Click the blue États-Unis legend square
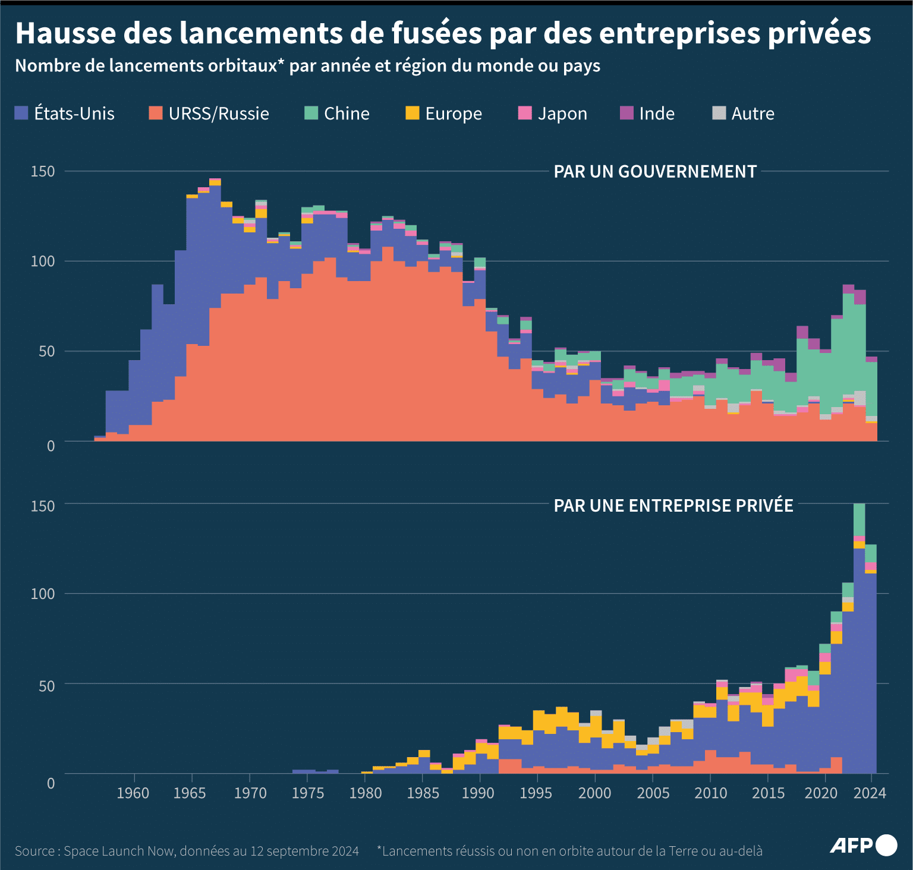tap(21, 113)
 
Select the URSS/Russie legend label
tap(219, 114)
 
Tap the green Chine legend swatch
tap(311, 113)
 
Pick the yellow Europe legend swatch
tap(412, 113)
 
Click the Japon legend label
tap(562, 114)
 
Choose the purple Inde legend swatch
tap(626, 113)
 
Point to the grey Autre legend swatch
tap(719, 113)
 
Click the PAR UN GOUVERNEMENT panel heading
tap(655, 172)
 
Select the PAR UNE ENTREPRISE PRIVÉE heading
tap(673, 506)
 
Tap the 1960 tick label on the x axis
tap(133, 793)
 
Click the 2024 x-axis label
tap(870, 793)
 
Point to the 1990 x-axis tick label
tap(478, 793)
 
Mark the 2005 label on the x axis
tap(653, 793)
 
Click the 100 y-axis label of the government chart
tap(43, 261)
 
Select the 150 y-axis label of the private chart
tap(43, 506)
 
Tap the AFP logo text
tap(851, 846)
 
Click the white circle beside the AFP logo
tap(886, 845)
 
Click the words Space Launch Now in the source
tap(119, 851)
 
